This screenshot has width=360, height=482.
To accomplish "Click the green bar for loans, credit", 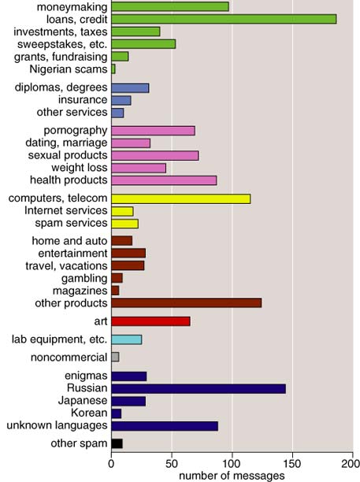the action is (x=224, y=19).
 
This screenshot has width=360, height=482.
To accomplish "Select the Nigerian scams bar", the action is (x=113, y=69).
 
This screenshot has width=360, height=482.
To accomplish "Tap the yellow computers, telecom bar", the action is (x=180, y=199).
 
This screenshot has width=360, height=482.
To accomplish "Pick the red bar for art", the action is (x=150, y=321).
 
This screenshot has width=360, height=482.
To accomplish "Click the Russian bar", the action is (x=199, y=388).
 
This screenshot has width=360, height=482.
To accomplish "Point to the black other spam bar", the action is (x=117, y=443).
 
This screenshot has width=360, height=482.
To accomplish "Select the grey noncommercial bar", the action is (x=115, y=357).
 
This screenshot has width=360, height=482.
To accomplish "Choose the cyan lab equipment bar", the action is (x=126, y=339).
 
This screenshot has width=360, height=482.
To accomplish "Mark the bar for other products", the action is (x=187, y=302).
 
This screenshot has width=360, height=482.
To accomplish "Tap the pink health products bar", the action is (x=164, y=180).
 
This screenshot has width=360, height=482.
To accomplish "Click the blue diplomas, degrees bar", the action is (x=130, y=88).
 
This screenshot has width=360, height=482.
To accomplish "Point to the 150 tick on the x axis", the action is (x=292, y=453).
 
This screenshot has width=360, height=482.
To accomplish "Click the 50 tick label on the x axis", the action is (x=172, y=464).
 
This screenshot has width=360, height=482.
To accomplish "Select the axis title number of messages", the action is (x=232, y=476).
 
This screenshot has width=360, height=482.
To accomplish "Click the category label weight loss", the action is (x=80, y=168).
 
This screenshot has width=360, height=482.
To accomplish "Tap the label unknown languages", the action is (x=58, y=425).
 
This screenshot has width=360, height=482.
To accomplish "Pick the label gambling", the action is (x=84, y=279).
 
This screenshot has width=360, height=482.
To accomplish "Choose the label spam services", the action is (x=71, y=223).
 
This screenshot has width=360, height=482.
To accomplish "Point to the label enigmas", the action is (x=86, y=376).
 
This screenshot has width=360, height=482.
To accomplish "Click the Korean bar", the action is (x=117, y=413).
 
